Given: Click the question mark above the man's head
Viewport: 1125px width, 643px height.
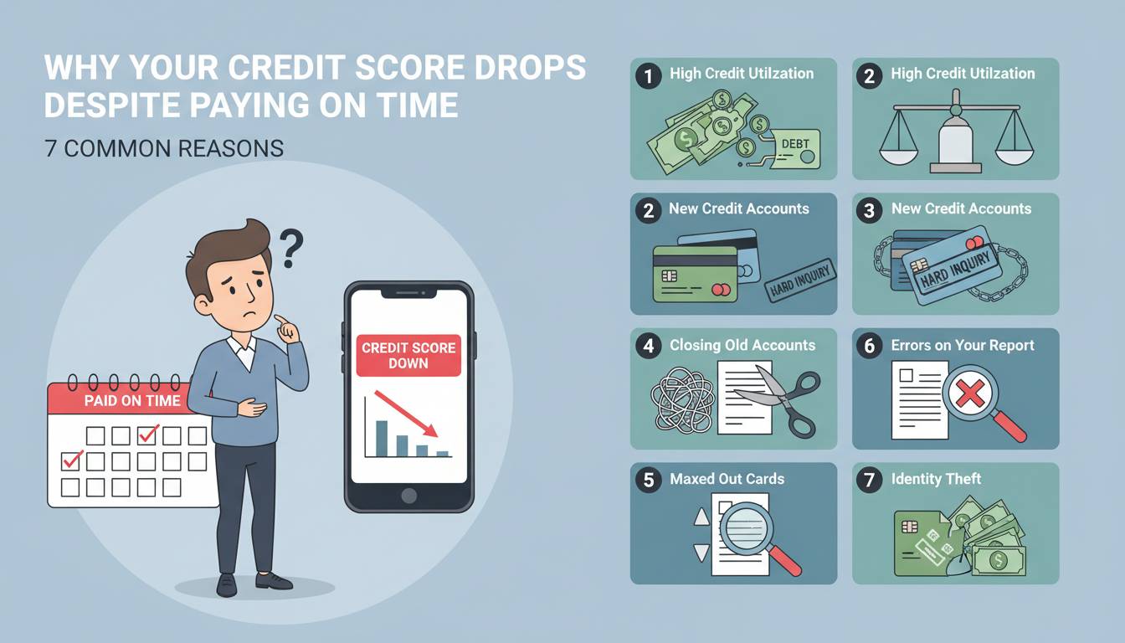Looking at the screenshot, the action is click(x=290, y=248).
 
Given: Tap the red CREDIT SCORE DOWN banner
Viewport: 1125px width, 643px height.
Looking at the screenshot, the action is click(x=408, y=356).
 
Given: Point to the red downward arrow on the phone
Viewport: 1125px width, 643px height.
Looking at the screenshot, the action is click(x=406, y=414).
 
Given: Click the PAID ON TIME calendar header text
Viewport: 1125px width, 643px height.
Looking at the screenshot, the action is click(x=132, y=400).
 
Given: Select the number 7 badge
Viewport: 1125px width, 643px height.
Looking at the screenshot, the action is click(x=870, y=479).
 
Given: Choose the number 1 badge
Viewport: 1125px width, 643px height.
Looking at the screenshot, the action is click(x=649, y=76).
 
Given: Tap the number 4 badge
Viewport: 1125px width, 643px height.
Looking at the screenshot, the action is click(x=649, y=346).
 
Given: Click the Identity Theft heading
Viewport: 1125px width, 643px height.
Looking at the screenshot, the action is click(x=936, y=479).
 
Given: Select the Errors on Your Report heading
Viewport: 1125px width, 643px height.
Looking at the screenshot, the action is click(x=963, y=345).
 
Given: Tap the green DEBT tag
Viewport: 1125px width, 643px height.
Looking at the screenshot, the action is click(x=795, y=149).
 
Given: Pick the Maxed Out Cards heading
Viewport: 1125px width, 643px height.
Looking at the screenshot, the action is click(x=727, y=479).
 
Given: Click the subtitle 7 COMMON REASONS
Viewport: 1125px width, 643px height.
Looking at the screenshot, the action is click(x=164, y=149).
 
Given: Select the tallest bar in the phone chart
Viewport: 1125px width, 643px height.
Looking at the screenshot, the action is click(x=382, y=439).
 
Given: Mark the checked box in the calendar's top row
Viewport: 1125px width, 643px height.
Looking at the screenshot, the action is click(x=147, y=435).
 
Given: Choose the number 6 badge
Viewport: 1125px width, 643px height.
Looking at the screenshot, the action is click(x=870, y=346).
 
